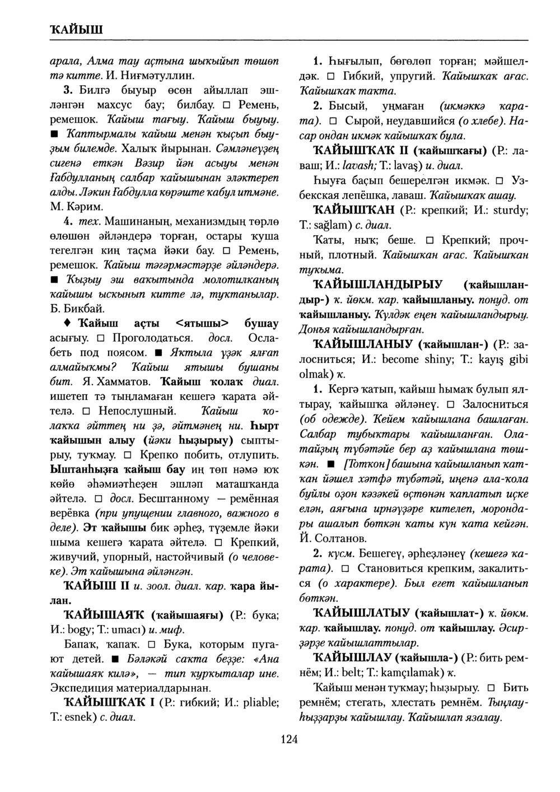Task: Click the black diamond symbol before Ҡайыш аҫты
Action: coord(67,324)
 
